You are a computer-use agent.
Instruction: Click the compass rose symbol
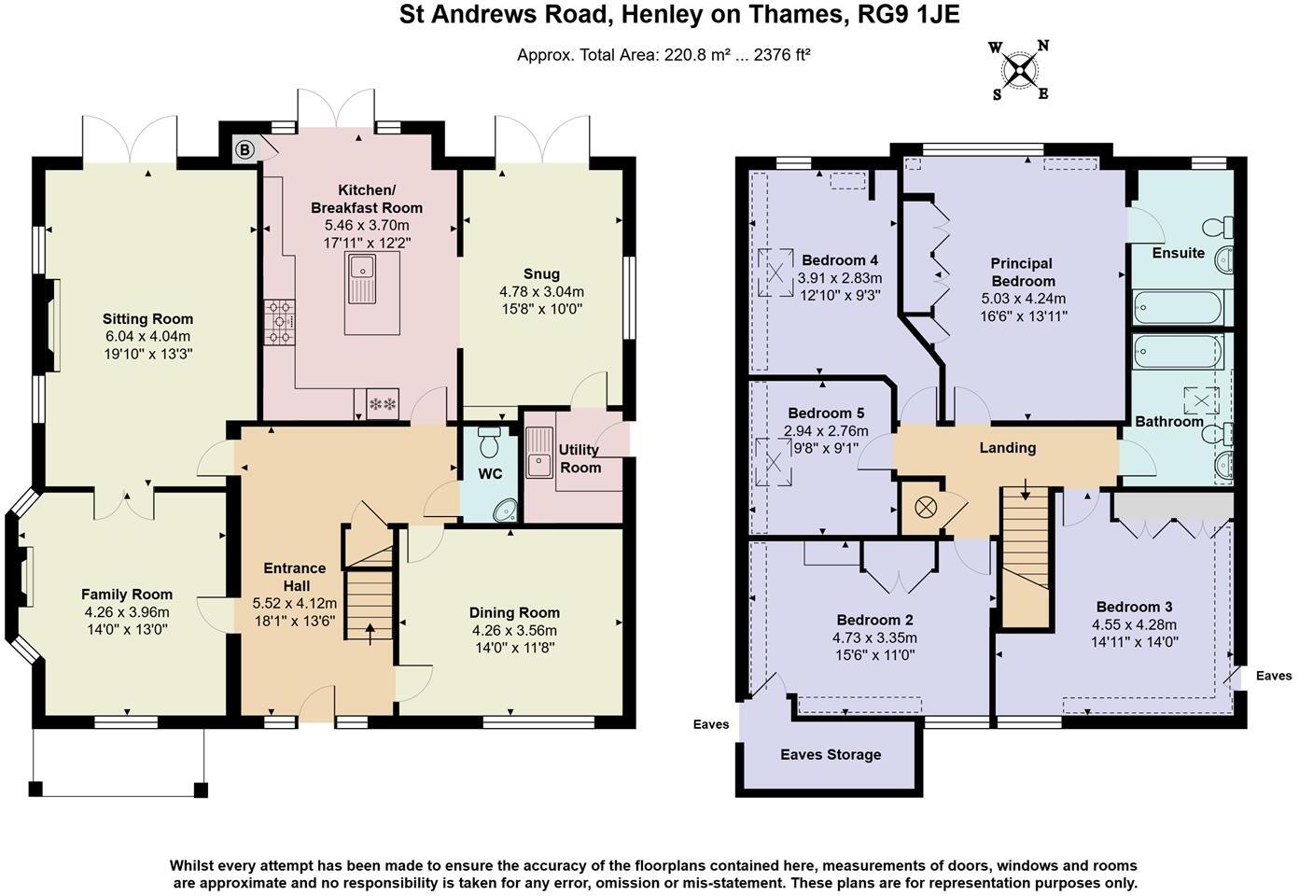(1020, 70)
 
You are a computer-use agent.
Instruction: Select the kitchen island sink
(360, 278)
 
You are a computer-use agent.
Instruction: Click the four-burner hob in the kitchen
(280, 321)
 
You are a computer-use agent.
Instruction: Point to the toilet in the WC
(489, 441)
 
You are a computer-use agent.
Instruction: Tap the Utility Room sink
(538, 450)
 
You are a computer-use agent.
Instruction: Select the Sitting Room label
(147, 319)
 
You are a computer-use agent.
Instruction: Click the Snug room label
(541, 273)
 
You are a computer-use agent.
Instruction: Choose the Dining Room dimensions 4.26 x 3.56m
(514, 630)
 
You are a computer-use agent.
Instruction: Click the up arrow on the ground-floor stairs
(370, 632)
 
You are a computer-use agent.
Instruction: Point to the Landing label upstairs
(1007, 448)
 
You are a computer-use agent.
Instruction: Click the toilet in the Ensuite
(1220, 227)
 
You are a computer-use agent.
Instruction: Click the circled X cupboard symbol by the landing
(925, 508)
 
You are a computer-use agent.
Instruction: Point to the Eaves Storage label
(831, 754)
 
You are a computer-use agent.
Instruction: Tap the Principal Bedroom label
(1022, 272)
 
